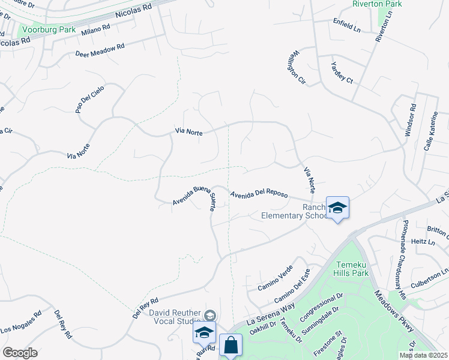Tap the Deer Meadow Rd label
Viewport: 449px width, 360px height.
pyautogui.click(x=100, y=50)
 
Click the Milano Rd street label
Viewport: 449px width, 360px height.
pyautogui.click(x=96, y=30)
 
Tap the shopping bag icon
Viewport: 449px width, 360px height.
pyautogui.click(x=231, y=345)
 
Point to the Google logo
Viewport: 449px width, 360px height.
pyautogui.click(x=20, y=353)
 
